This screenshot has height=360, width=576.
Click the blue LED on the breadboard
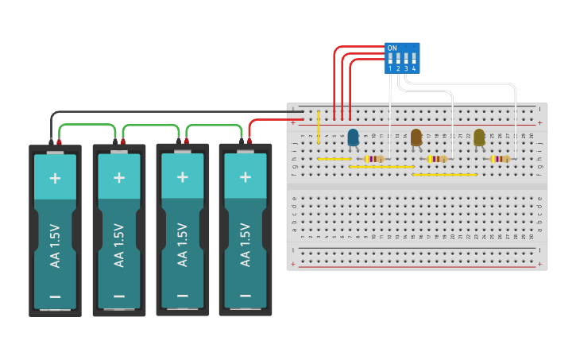[x=353, y=137]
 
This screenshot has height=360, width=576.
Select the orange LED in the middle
[x=416, y=137]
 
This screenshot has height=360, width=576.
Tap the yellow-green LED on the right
[x=479, y=137]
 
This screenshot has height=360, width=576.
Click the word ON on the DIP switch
[x=392, y=48]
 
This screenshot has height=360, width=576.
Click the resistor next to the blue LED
[x=373, y=159]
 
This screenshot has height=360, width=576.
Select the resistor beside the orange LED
[x=436, y=159]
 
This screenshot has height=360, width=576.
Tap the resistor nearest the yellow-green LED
[x=499, y=159]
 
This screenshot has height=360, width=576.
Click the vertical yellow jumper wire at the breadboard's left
[x=319, y=127]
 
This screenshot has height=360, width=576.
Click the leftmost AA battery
[x=56, y=230]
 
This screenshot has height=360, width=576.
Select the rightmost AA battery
[x=245, y=230]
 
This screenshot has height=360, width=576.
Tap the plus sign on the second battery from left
[x=119, y=176]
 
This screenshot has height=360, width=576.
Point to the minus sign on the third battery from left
[x=182, y=296]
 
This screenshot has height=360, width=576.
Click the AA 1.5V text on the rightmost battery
[x=245, y=245]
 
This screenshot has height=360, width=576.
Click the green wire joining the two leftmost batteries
[x=87, y=125]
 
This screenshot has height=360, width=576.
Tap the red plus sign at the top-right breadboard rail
[x=539, y=122]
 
